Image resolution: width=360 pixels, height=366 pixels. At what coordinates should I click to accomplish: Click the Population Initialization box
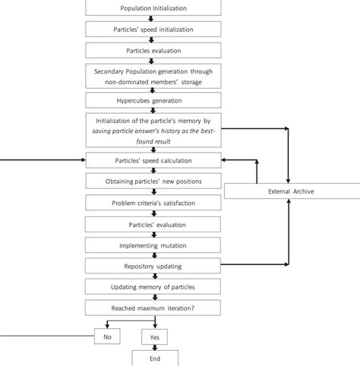153,8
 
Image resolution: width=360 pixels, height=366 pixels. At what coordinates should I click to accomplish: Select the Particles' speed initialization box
153,29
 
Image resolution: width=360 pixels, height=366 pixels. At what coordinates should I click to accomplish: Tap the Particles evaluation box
153,50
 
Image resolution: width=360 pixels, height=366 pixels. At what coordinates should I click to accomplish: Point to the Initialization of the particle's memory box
153,131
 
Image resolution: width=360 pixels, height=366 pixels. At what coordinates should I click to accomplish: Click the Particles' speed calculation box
153,161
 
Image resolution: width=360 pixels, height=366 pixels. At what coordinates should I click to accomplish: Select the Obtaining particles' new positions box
153,181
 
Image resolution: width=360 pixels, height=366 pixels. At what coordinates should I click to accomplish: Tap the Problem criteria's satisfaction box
153,203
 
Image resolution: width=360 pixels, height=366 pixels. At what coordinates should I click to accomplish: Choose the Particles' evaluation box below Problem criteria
153,224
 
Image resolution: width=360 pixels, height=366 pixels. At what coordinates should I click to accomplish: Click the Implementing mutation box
153,245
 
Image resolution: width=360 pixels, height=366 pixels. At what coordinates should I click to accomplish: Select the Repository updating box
153,267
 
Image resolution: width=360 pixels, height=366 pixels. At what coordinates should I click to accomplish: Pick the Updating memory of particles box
153,287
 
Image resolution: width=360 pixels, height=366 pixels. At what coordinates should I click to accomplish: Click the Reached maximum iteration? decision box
153,308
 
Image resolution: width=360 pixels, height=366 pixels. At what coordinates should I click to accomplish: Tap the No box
106,336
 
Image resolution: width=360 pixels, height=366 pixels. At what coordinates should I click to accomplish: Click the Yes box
154,336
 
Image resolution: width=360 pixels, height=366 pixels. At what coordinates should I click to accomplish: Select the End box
155,358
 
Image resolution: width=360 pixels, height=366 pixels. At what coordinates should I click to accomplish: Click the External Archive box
291,191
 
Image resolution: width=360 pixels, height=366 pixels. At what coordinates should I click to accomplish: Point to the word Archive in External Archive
302,191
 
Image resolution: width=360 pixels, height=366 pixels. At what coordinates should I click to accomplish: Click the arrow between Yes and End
155,347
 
